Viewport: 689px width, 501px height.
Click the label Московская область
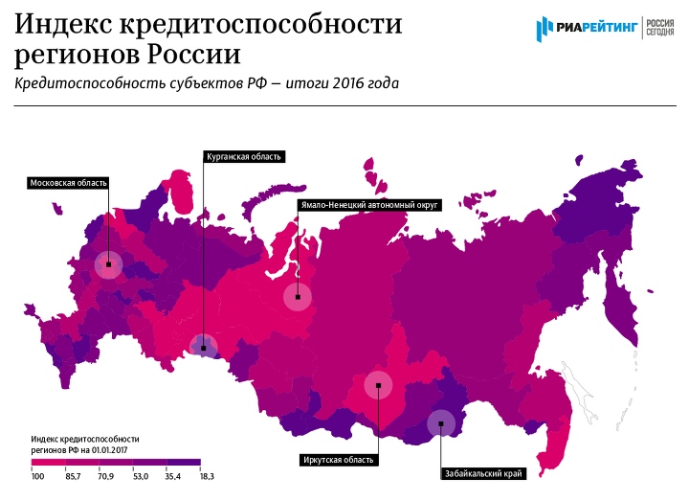[68, 182]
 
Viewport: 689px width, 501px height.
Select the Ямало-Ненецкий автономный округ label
[368, 204]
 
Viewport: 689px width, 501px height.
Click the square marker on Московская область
[109, 263]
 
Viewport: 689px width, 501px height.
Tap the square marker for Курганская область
[203, 348]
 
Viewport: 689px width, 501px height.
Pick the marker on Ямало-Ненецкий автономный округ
[299, 297]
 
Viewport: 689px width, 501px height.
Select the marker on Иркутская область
[379, 385]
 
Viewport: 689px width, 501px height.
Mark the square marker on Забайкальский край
[440, 423]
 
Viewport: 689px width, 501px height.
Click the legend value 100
[37, 475]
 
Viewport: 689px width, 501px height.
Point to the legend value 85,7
[73, 475]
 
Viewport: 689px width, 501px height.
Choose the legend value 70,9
[105, 475]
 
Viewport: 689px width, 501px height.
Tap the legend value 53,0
[140, 475]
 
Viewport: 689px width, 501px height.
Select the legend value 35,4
[173, 475]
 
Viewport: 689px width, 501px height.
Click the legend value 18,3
[206, 475]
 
